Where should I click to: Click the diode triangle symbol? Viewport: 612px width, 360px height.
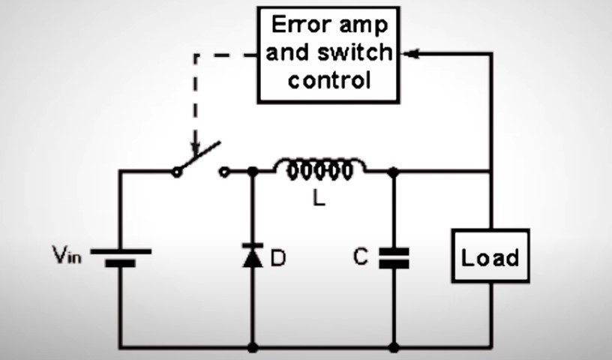coord(253,258)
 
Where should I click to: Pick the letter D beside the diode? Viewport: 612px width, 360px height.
coord(278,259)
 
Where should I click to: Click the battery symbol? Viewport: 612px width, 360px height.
coord(121,259)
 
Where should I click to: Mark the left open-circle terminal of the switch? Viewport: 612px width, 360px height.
coord(177,172)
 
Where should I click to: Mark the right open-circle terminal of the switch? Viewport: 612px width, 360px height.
coord(223,172)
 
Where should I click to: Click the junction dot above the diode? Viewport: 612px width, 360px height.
coord(253,172)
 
